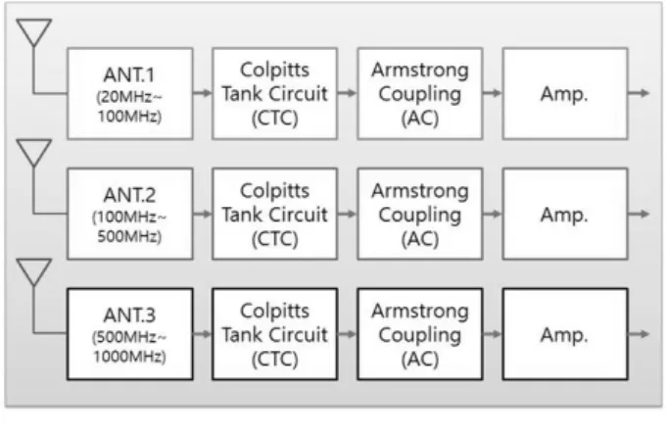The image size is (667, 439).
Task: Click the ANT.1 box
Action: [130, 94]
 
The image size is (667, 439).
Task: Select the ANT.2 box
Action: [130, 214]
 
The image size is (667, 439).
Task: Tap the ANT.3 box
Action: [130, 334]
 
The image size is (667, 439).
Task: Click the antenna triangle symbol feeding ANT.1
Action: [34, 28]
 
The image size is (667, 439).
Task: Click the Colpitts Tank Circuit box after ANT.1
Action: [275, 94]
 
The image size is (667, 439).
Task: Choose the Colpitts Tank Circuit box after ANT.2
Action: [275, 214]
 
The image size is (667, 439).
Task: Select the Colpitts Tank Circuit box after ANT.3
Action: [275, 334]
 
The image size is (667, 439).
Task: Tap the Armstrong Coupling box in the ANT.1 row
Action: [420, 94]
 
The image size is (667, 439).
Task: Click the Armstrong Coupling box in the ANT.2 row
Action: [420, 214]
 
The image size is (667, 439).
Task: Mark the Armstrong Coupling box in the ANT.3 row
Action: [420, 334]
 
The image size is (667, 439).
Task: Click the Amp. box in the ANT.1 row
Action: [565, 94]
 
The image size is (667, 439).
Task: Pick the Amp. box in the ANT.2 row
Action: [565, 214]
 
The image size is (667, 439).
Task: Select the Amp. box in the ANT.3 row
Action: [565, 334]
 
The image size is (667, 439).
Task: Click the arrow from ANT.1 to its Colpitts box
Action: [203, 93]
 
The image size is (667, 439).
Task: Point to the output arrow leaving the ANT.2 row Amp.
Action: [639, 214]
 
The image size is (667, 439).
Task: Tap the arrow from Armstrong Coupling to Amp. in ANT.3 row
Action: [493, 334]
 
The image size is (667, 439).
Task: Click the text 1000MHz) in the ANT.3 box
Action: [129, 357]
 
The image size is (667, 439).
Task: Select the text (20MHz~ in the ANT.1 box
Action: [129, 97]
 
